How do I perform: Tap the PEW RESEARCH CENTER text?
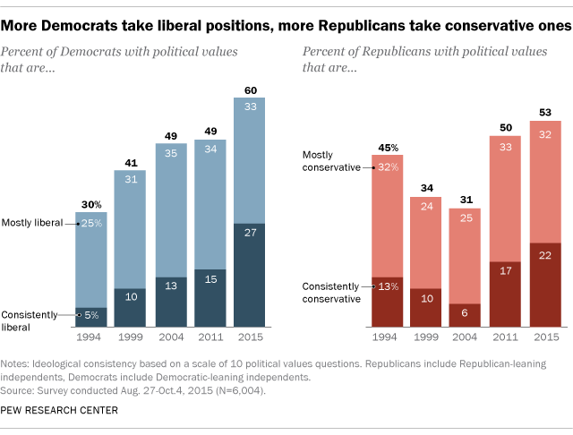coord(61,410)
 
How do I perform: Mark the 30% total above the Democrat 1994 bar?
coord(91,206)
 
